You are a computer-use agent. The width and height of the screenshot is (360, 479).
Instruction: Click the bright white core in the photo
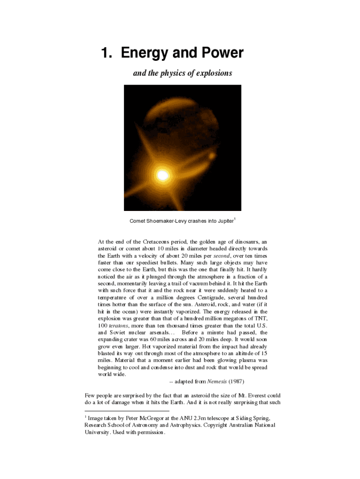pyautogui.click(x=162, y=175)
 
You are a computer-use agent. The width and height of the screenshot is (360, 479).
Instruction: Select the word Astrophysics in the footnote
pyautogui.click(x=183, y=425)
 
